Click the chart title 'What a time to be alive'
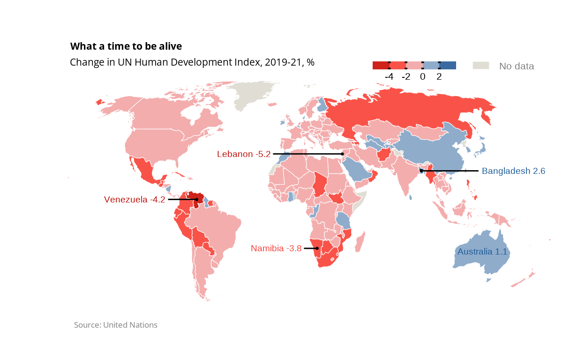tap(126, 46)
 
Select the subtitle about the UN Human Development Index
tap(192, 62)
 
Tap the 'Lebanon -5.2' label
tap(244, 154)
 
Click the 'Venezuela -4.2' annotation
tap(135, 200)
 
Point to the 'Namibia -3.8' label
tap(276, 248)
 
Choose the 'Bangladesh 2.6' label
tap(513, 171)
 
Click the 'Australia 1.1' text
tap(482, 252)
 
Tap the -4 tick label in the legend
tap(389, 77)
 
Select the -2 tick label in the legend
tap(406, 77)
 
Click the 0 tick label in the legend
tap(423, 77)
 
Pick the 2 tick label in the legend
tap(439, 77)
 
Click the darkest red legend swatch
tap(381, 66)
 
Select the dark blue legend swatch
tap(448, 66)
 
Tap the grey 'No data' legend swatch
tap(480, 66)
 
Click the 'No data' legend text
tap(517, 66)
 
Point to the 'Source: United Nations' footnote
tap(116, 325)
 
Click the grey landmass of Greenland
tap(253, 94)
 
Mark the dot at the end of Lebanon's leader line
tap(343, 154)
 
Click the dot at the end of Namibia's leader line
tap(317, 248)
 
